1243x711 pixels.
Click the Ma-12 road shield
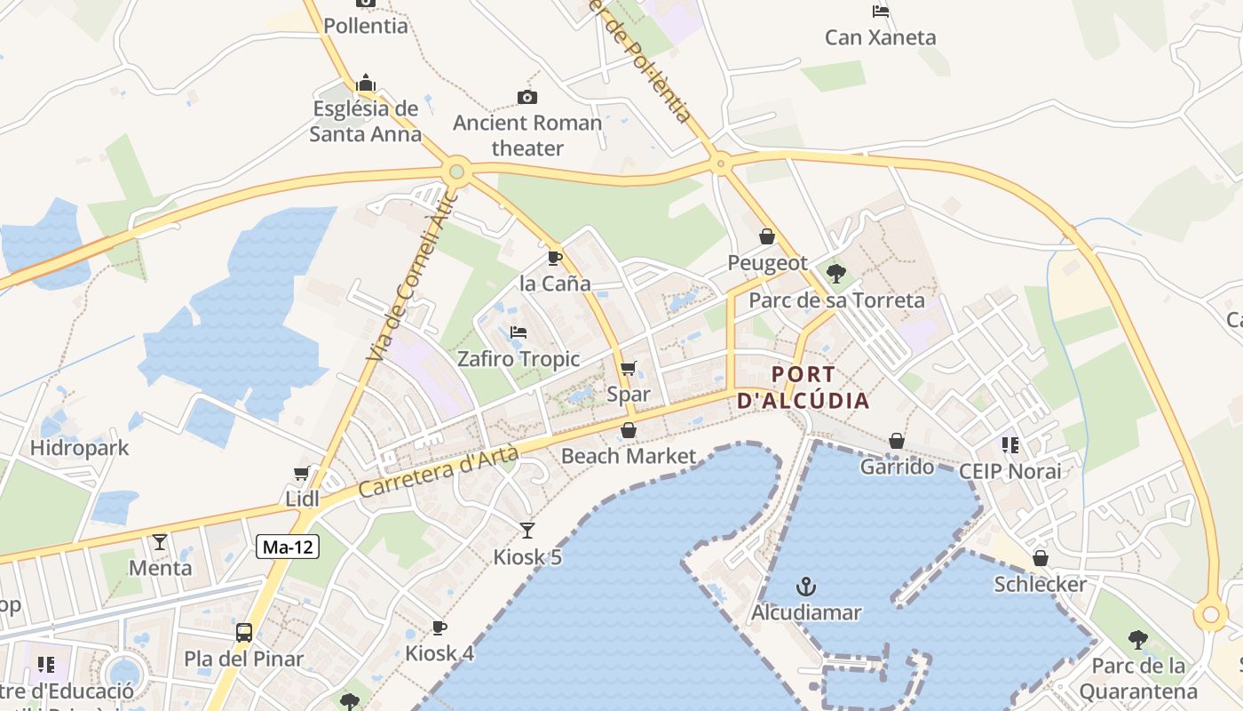coord(288,547)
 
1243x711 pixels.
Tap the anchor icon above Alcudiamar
coord(806,587)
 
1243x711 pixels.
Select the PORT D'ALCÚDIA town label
coord(804,387)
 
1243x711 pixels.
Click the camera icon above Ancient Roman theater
coord(527,97)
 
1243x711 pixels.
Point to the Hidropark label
coord(80,448)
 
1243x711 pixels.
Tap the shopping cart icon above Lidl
coord(302,474)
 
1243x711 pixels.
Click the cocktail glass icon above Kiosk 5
coord(527,531)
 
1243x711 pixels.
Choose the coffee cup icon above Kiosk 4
coord(439,627)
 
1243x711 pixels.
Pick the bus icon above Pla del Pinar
coord(244,633)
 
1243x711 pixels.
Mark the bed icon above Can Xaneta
coord(881,12)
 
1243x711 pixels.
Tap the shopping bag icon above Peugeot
coord(767,236)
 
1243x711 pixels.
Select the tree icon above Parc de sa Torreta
coord(835,273)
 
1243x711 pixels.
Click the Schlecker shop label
coord(1040,584)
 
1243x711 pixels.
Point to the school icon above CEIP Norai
coord(1009,444)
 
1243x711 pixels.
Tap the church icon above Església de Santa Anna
coord(366,84)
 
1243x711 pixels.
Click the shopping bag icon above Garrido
coord(897,441)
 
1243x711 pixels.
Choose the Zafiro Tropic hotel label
coord(519,359)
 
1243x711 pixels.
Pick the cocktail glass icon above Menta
coord(160,541)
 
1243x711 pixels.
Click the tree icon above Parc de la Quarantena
coord(1137,639)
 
